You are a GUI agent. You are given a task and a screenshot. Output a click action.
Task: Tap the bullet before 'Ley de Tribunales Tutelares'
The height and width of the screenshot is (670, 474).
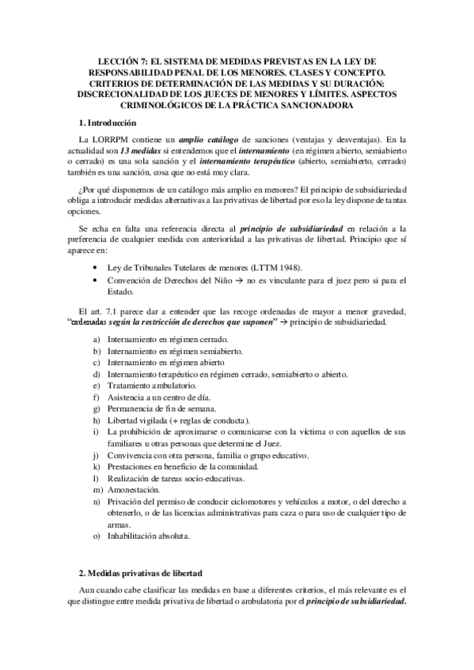tap(97, 266)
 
